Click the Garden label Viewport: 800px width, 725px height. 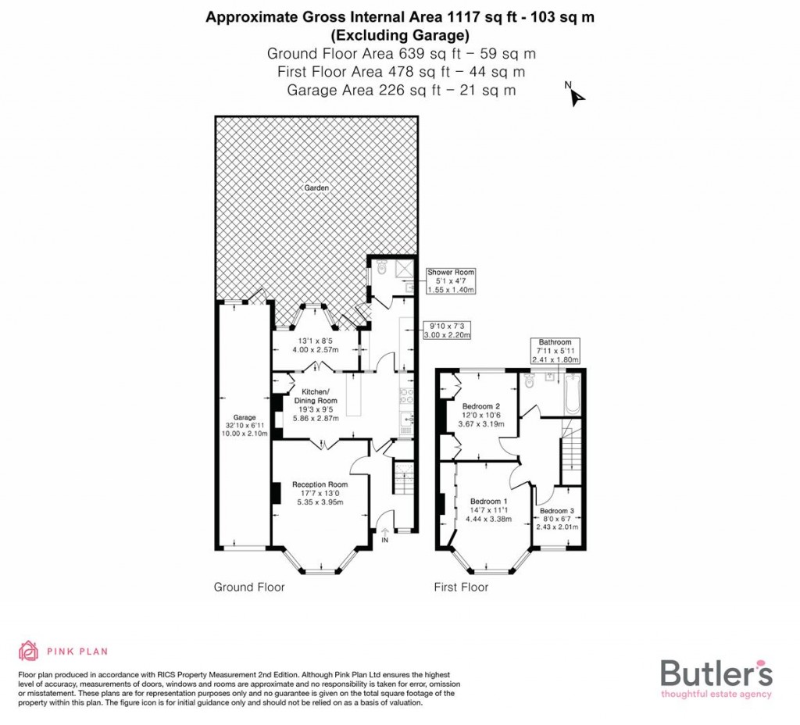(x=317, y=188)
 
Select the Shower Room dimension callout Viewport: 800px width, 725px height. (x=450, y=281)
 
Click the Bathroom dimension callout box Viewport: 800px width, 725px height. (x=555, y=351)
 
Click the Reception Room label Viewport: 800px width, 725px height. (x=320, y=484)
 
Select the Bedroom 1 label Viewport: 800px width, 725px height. (x=488, y=502)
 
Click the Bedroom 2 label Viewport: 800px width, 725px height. (x=480, y=406)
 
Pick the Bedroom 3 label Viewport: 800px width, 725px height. (x=557, y=511)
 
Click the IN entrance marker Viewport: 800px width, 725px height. (x=384, y=539)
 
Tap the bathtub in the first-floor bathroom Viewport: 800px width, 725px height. (x=573, y=394)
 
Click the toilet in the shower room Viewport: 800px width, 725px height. (x=380, y=268)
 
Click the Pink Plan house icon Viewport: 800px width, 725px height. (x=29, y=651)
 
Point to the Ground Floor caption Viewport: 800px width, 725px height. (x=249, y=587)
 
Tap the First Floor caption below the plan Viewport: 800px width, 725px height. (x=461, y=587)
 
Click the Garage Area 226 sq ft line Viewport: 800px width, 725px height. (x=401, y=90)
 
